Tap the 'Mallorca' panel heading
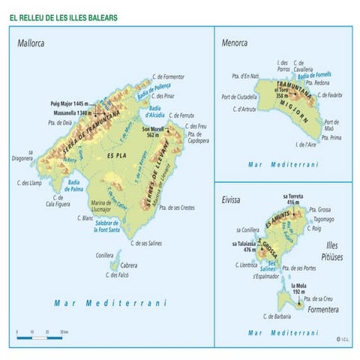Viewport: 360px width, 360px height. [x=31, y=43]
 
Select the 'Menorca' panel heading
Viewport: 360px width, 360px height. [x=234, y=43]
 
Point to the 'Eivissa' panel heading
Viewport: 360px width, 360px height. [x=232, y=200]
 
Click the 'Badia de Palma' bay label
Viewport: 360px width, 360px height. [x=73, y=185]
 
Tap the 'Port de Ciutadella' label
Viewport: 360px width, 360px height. [x=239, y=97]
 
